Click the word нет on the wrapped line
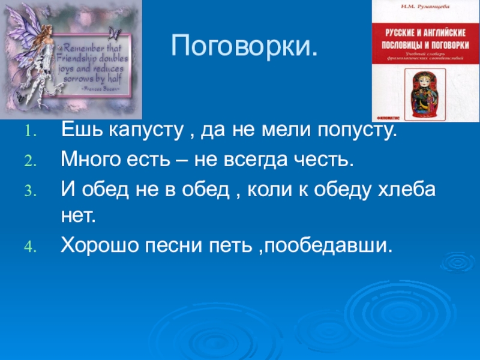click(x=78, y=215)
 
